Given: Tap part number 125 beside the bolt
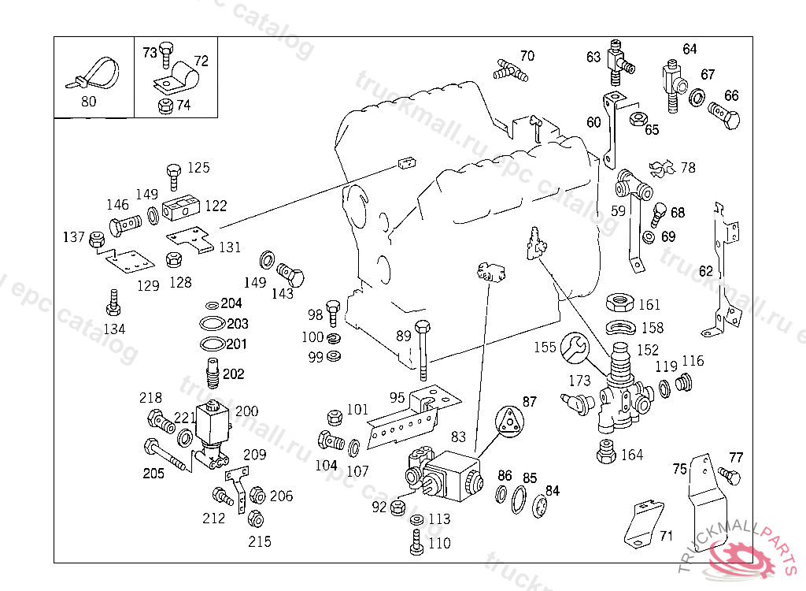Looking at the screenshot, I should [x=198, y=167].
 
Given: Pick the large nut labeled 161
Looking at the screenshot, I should [x=621, y=304].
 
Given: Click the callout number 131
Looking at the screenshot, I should [x=230, y=247].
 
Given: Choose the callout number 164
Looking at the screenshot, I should [x=632, y=455].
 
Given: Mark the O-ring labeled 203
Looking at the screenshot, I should [x=211, y=324].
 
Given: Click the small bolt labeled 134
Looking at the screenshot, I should [x=113, y=302].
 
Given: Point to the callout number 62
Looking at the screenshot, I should [x=706, y=271].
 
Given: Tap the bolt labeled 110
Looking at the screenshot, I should [x=417, y=542].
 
